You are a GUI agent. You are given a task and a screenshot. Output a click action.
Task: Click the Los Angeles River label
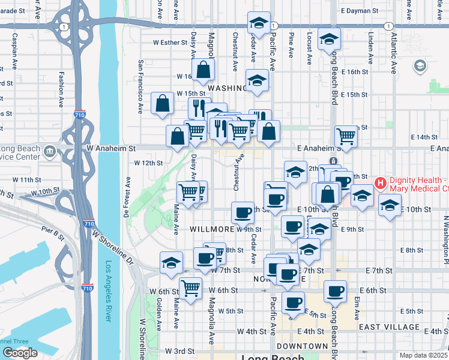click(x=109, y=291)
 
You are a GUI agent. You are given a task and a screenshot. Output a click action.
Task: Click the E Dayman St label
click(x=358, y=11)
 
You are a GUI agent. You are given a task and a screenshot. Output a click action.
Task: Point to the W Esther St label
click(x=170, y=43)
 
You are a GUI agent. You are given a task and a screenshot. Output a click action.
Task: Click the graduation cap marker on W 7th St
click(x=171, y=262)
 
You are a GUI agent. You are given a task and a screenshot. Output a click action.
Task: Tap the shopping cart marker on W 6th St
click(x=190, y=289)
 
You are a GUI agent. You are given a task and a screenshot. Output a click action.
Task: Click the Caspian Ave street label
click(x=13, y=50)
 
